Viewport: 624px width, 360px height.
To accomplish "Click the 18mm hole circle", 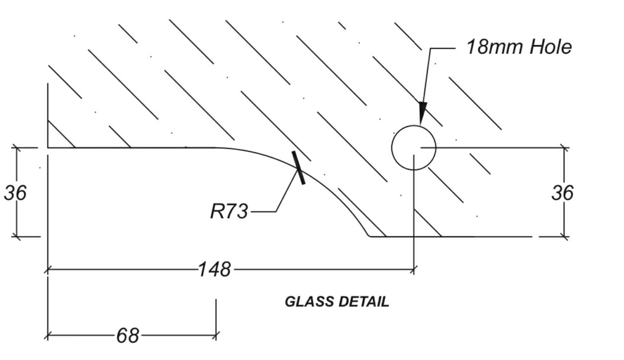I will click(x=414, y=147).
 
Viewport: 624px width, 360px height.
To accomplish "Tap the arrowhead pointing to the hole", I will click(x=422, y=113).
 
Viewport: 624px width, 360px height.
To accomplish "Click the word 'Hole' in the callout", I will click(x=551, y=47).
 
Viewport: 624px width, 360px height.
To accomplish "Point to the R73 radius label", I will click(x=229, y=211).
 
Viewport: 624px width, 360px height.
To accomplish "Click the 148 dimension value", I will click(x=214, y=269).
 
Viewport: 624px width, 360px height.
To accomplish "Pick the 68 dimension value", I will click(x=127, y=336).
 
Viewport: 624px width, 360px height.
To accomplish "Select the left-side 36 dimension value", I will click(x=15, y=192).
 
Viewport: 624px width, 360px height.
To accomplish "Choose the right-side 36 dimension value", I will click(x=562, y=192).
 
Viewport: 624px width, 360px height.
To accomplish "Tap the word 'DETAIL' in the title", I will click(x=364, y=302).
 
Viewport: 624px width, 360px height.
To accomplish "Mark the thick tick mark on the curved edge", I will click(x=298, y=168).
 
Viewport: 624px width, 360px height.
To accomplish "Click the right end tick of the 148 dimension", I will click(x=414, y=269).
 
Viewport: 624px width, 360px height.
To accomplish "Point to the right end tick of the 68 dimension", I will click(x=216, y=335).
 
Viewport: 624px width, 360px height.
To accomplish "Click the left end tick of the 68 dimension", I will click(x=47, y=335).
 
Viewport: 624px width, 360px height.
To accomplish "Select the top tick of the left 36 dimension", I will click(x=17, y=148).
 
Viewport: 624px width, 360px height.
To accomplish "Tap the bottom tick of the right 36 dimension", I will click(x=564, y=237).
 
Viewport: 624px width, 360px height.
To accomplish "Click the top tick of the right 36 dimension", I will click(x=564, y=148).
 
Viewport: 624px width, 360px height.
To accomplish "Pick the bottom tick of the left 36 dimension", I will click(x=17, y=237).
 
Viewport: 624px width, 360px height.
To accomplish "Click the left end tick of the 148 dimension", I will click(x=47, y=269).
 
